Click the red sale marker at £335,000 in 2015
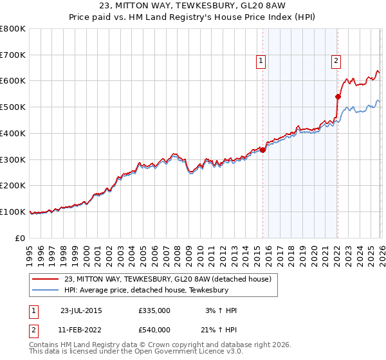[x=262, y=150]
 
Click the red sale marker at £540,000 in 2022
[x=337, y=96]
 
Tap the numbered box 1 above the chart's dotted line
[x=261, y=61]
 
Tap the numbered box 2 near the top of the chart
[x=336, y=61]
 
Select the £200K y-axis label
[x=13, y=186]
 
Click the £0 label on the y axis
[x=20, y=238]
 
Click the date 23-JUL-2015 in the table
[x=81, y=310]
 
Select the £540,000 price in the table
[x=154, y=330]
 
